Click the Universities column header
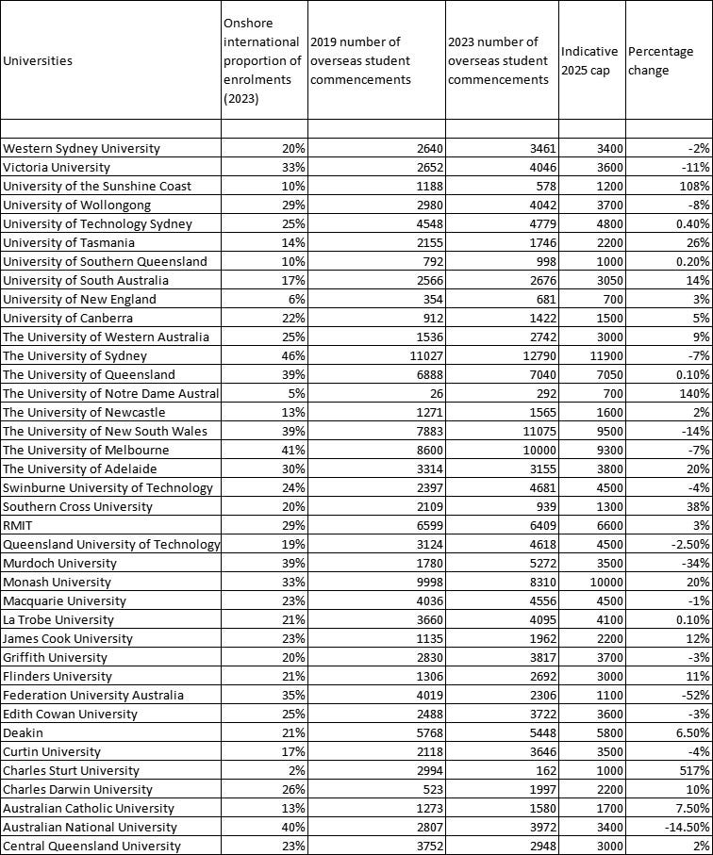[x=38, y=61]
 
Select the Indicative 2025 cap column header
[x=589, y=61]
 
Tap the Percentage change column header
[x=660, y=61]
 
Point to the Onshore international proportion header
[x=262, y=61]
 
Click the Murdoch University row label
[x=59, y=563]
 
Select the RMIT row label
[x=19, y=525]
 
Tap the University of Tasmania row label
[x=69, y=242]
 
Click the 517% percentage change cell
[x=694, y=770]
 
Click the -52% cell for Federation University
[x=696, y=695]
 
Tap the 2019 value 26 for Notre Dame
[x=434, y=393]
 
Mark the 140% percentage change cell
[x=694, y=393]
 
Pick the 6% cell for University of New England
[x=296, y=299]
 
